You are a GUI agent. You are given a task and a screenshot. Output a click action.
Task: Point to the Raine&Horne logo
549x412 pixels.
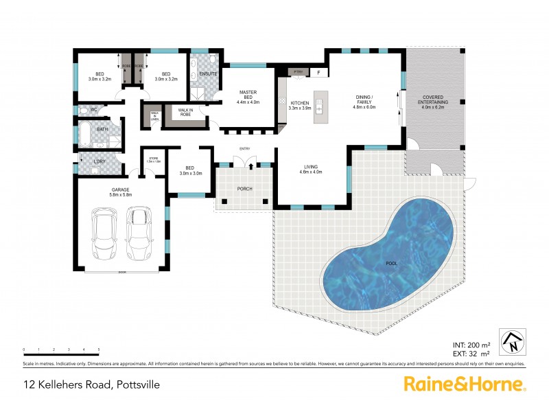(464, 384)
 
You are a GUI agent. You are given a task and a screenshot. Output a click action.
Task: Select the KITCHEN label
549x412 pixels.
(300, 105)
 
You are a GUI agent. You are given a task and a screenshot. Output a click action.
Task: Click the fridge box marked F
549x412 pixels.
(319, 71)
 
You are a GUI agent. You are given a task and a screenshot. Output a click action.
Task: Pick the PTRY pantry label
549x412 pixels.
(299, 71)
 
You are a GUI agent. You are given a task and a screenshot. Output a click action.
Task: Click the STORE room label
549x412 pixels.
(154, 160)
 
